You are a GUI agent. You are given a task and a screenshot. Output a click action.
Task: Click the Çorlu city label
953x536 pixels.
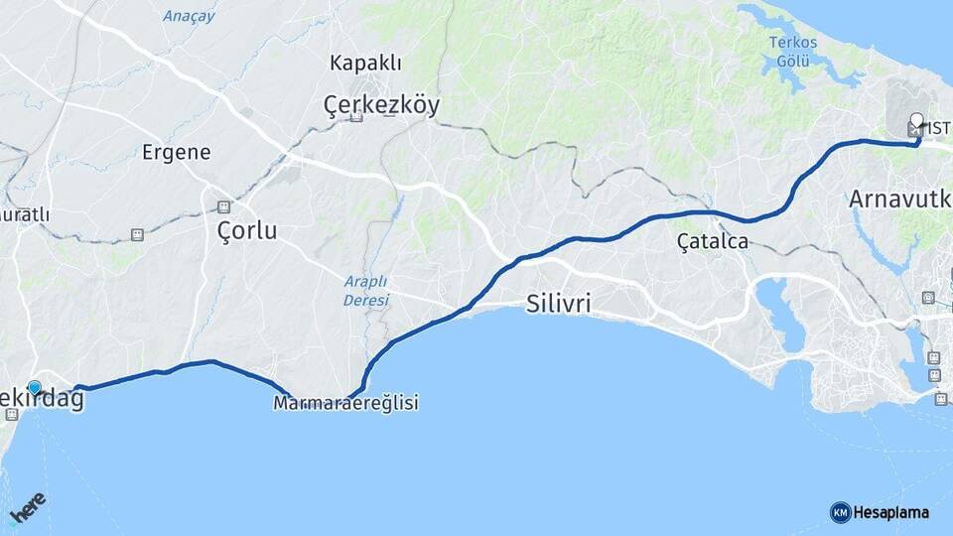tap(247, 231)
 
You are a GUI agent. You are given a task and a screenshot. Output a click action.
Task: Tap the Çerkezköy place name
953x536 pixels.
tap(381, 105)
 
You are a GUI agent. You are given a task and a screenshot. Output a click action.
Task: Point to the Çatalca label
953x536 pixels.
tap(712, 240)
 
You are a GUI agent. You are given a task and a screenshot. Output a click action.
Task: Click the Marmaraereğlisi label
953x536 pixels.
tap(345, 403)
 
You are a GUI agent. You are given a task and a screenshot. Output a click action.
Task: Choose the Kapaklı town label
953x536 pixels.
tap(365, 64)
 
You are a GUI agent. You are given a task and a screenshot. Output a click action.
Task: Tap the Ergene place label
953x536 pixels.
tap(176, 152)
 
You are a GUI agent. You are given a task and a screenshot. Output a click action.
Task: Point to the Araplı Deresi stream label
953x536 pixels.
tap(366, 290)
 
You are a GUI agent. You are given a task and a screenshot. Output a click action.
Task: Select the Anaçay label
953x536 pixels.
tap(189, 16)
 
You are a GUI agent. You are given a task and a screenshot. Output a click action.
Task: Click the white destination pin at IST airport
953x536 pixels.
tap(916, 124)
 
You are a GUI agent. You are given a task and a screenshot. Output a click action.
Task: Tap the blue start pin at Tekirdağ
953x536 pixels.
tap(35, 388)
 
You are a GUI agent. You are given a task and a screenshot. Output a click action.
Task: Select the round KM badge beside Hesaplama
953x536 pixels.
tap(840, 512)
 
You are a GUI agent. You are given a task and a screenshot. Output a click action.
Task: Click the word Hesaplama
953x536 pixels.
tap(891, 512)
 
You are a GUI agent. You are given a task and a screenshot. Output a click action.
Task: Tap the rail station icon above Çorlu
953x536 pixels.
tap(223, 206)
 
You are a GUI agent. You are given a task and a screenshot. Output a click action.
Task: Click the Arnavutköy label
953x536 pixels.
tap(899, 199)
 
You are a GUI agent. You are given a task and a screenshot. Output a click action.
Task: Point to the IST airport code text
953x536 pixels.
tap(938, 131)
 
